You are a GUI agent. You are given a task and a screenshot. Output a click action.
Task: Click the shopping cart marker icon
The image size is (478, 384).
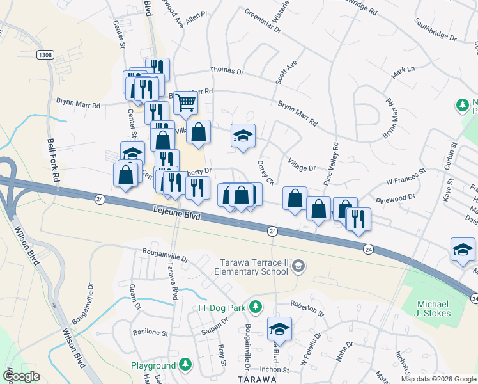185,102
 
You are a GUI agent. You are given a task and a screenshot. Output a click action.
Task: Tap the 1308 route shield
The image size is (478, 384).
45,55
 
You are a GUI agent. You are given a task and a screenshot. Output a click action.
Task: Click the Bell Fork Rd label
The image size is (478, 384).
53,159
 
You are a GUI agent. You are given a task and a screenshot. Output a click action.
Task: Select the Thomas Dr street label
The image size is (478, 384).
227,72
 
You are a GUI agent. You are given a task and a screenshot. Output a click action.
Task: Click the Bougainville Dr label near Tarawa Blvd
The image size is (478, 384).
166,257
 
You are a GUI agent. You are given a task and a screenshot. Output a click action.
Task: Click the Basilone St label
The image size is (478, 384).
150,333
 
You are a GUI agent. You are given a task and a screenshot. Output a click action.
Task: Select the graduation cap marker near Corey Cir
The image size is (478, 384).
243,136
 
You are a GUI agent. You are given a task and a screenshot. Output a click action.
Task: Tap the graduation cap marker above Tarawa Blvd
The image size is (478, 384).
279,329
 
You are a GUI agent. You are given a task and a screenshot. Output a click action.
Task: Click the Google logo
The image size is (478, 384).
21,376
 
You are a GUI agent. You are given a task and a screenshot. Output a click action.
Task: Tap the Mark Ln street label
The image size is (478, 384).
403,73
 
